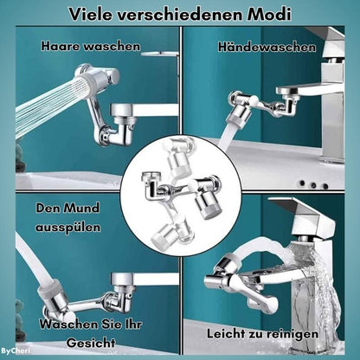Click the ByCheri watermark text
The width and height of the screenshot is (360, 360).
pos(14,351)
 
